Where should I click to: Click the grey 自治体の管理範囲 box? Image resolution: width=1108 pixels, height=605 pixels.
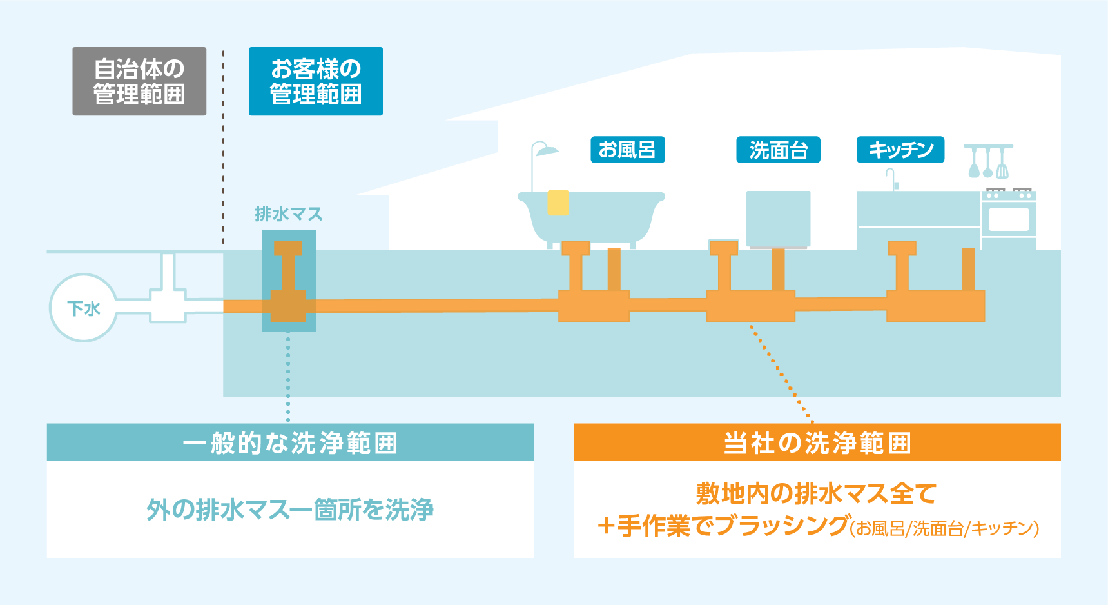pos(139,81)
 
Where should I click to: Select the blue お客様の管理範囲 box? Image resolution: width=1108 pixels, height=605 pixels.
pos(316,81)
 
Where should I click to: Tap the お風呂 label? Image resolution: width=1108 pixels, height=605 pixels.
pos(628,150)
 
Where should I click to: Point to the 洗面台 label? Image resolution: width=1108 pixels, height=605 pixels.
pos(779,150)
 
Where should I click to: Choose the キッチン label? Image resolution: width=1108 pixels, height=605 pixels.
pos(900,150)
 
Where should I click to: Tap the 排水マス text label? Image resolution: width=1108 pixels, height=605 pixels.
pos(289,213)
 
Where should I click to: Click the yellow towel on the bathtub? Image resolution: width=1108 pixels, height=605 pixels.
pos(558,203)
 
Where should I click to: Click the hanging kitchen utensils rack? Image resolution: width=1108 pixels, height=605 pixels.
pos(988,161)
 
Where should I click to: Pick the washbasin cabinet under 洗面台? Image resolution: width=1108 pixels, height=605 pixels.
pos(778,219)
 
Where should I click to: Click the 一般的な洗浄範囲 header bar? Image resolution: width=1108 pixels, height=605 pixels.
pos(290,442)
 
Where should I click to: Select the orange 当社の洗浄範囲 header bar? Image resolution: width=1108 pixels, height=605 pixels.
pos(817,442)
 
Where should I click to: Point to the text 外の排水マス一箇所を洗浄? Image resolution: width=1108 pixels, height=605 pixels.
pos(290,510)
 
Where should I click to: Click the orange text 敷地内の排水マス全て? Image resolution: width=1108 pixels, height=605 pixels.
pos(817,493)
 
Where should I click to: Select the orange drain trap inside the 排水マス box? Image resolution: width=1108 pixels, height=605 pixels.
pos(288,282)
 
